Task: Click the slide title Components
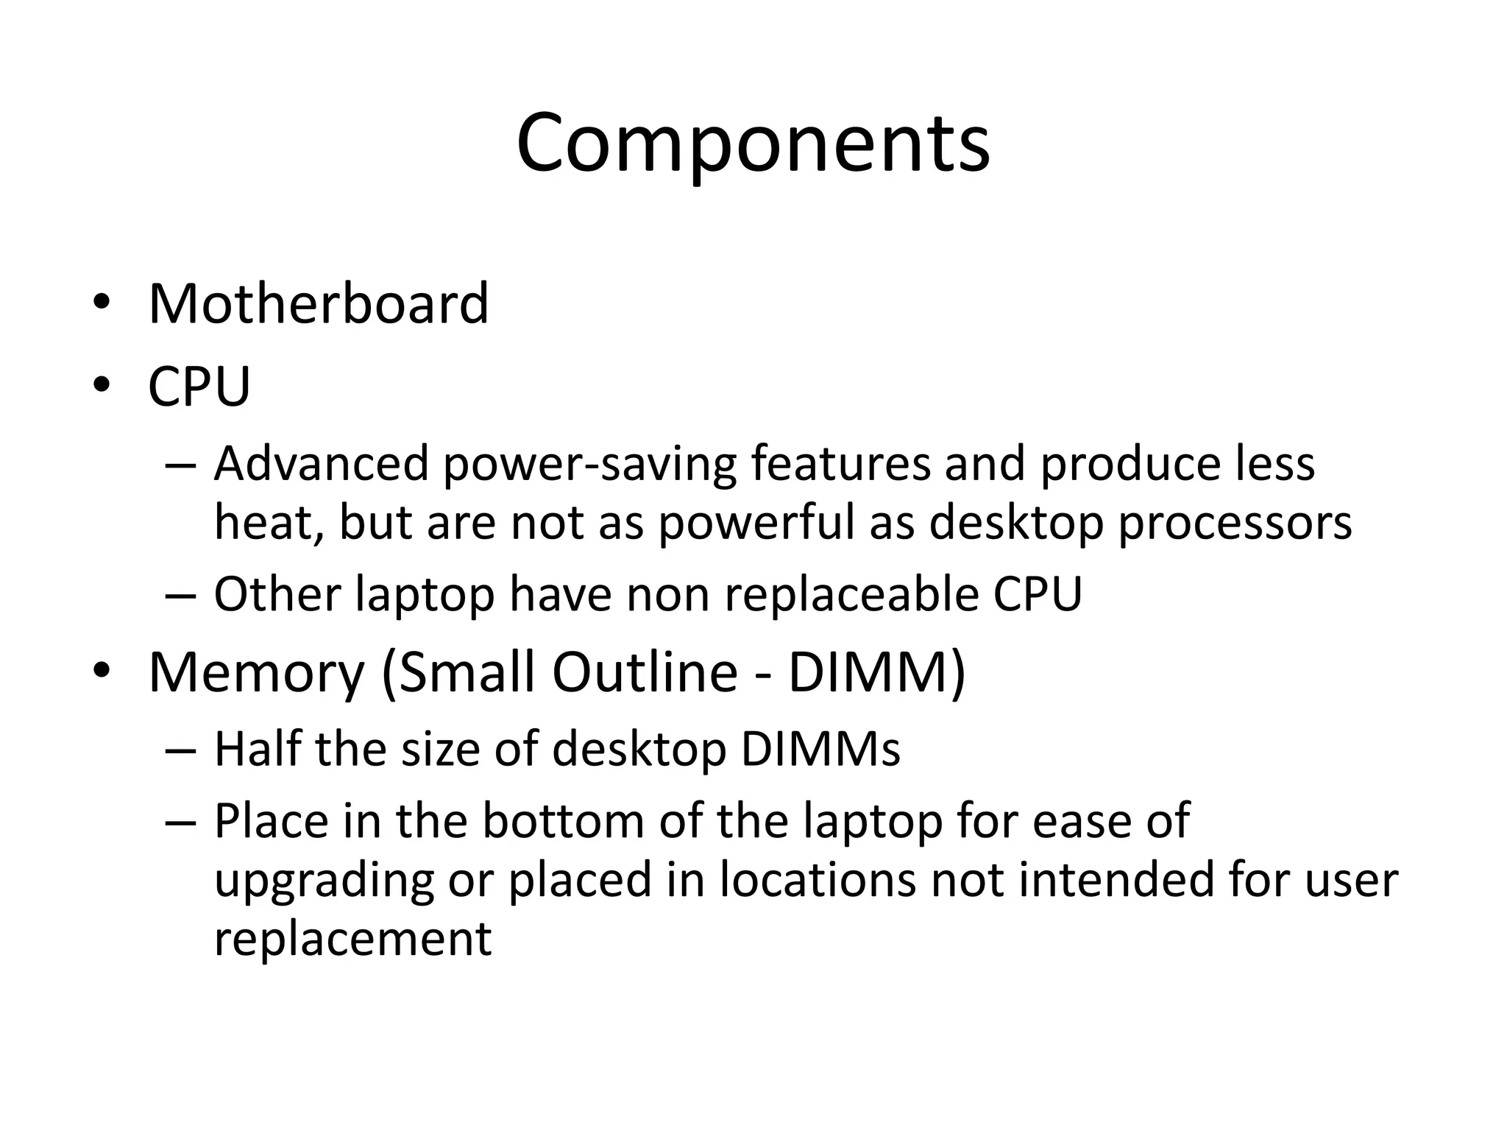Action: (x=753, y=144)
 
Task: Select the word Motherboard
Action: (x=318, y=303)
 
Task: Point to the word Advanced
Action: (x=322, y=464)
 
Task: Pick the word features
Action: (x=840, y=464)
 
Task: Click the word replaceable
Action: (x=852, y=593)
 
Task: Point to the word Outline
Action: (x=645, y=672)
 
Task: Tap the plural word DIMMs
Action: (x=820, y=749)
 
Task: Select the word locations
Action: (x=818, y=880)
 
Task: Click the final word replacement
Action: (x=352, y=939)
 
